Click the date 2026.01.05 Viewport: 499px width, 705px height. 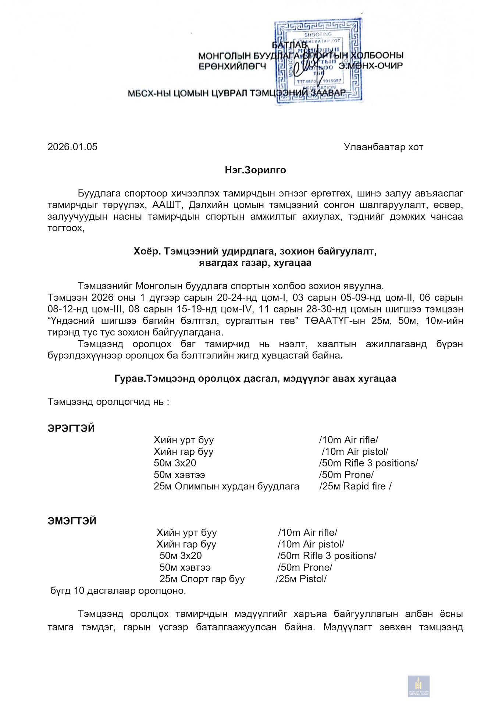tap(72, 147)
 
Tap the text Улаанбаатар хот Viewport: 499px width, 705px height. tap(384, 147)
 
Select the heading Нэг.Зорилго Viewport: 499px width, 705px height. tap(256, 170)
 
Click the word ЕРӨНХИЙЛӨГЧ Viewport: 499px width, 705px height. tap(232, 67)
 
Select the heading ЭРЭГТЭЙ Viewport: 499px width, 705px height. tap(71, 429)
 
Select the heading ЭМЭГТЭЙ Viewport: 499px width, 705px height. tap(72, 521)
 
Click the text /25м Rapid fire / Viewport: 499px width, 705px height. tap(355, 486)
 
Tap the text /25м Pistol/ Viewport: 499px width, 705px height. tap(301, 579)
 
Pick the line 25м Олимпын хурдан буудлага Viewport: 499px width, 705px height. tap(227, 486)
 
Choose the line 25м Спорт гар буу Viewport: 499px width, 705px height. tap(202, 579)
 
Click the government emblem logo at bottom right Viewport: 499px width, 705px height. tap(418, 686)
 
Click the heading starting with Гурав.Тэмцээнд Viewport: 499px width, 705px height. tap(255, 379)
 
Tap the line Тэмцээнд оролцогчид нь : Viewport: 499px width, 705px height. tap(108, 402)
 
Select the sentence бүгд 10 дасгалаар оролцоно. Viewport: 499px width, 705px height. tap(118, 591)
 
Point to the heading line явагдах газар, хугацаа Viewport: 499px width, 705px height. tap(255, 263)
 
